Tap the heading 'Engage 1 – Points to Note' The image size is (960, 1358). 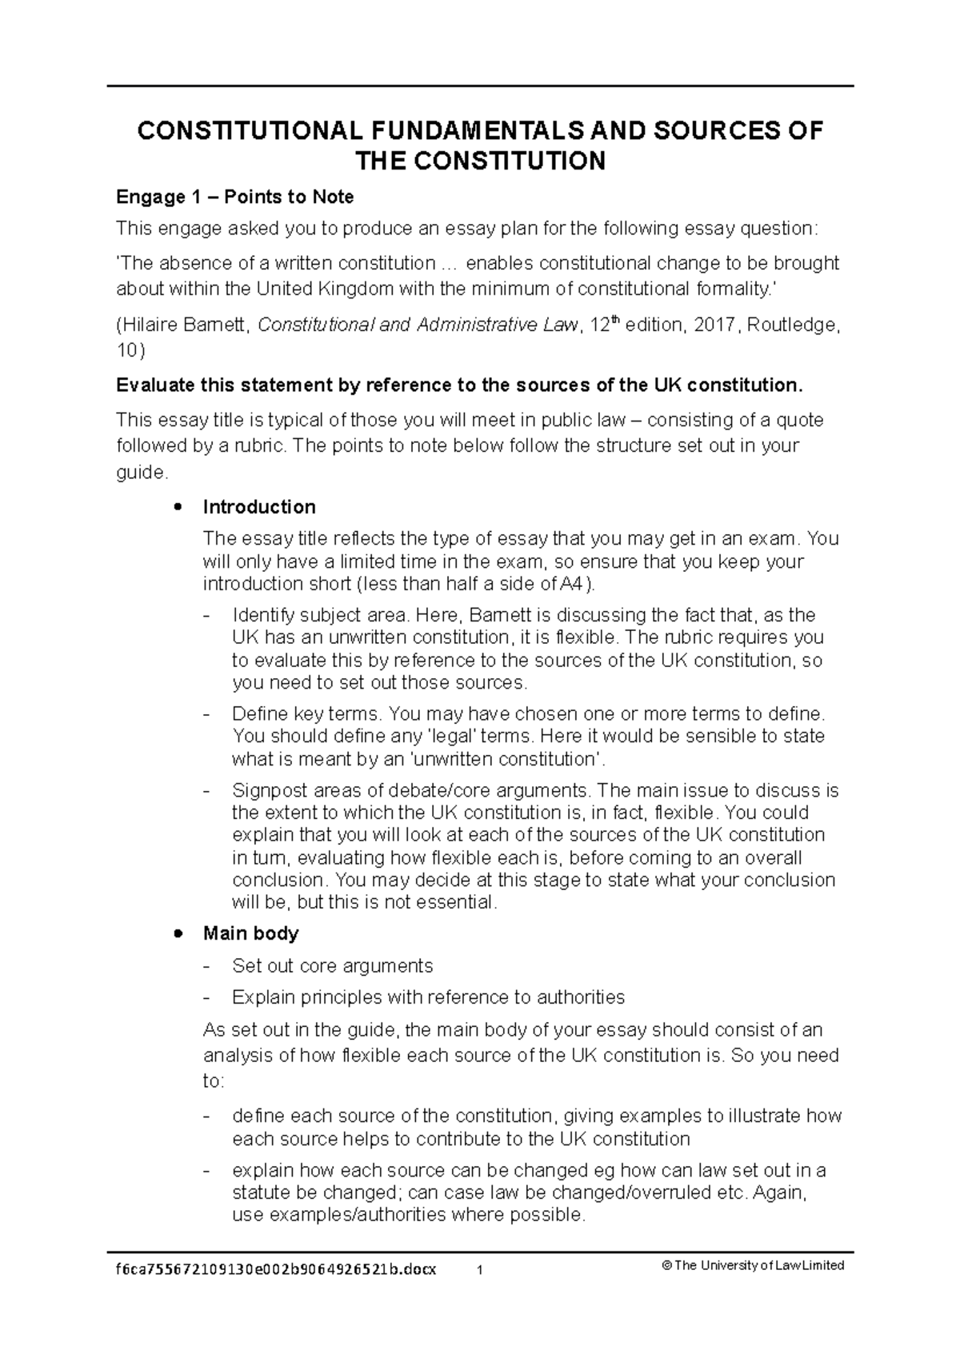point(234,197)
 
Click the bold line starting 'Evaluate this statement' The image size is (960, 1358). point(458,385)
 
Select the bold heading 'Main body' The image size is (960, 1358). point(250,933)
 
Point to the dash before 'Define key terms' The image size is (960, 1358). point(209,713)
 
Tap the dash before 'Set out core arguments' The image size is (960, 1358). point(209,966)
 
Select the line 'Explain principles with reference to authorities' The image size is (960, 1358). point(428,997)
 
